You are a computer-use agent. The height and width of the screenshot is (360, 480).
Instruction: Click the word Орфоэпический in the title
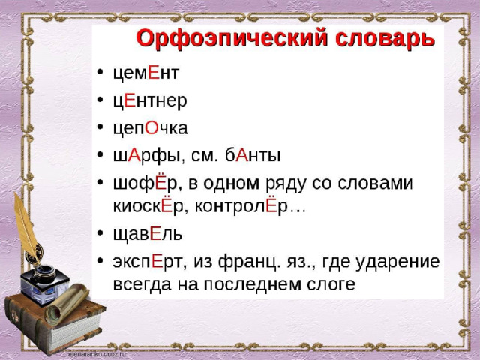pos(232,38)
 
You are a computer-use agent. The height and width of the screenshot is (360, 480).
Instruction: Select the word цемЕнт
pos(145,73)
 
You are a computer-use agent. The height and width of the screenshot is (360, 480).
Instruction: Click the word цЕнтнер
pos(150,100)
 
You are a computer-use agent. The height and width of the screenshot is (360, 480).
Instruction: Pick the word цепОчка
pos(150,128)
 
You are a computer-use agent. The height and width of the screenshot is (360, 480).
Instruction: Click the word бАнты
pos(253,155)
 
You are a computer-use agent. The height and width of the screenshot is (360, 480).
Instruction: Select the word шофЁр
pos(145,184)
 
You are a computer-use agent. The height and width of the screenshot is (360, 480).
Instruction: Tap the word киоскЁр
pos(148,207)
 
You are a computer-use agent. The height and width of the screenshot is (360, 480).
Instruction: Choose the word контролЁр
pos(241,207)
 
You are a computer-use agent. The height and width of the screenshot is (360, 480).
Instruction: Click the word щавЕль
pos(148,234)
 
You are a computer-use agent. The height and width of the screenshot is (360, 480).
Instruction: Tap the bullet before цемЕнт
pos(100,73)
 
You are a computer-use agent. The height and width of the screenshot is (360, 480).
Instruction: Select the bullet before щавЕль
pos(100,233)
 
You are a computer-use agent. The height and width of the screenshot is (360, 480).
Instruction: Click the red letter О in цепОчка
pos(151,128)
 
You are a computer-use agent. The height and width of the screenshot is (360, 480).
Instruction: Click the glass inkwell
pos(44,284)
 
